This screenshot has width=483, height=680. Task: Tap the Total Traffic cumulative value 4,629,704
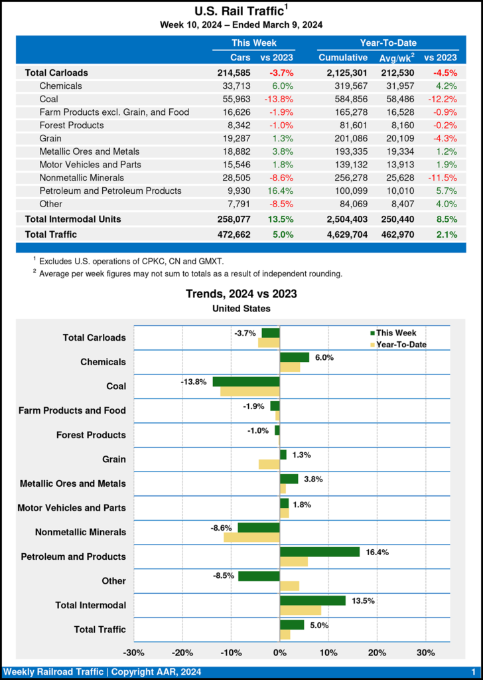click(343, 234)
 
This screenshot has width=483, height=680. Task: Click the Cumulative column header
click(343, 58)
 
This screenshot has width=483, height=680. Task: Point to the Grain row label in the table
click(51, 138)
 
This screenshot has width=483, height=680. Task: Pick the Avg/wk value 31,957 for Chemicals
click(396, 86)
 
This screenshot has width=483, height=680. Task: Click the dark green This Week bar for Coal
click(246, 382)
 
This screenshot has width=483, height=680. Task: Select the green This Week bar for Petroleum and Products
click(320, 552)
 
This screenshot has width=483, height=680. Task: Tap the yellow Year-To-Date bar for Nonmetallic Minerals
click(252, 537)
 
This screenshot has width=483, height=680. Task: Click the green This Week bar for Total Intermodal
click(313, 600)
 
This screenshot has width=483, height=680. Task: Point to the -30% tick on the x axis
click(135, 652)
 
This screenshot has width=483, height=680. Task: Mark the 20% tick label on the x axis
click(377, 652)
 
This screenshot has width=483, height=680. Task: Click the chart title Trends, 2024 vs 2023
click(241, 294)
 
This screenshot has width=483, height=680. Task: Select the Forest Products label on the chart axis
click(92, 435)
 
